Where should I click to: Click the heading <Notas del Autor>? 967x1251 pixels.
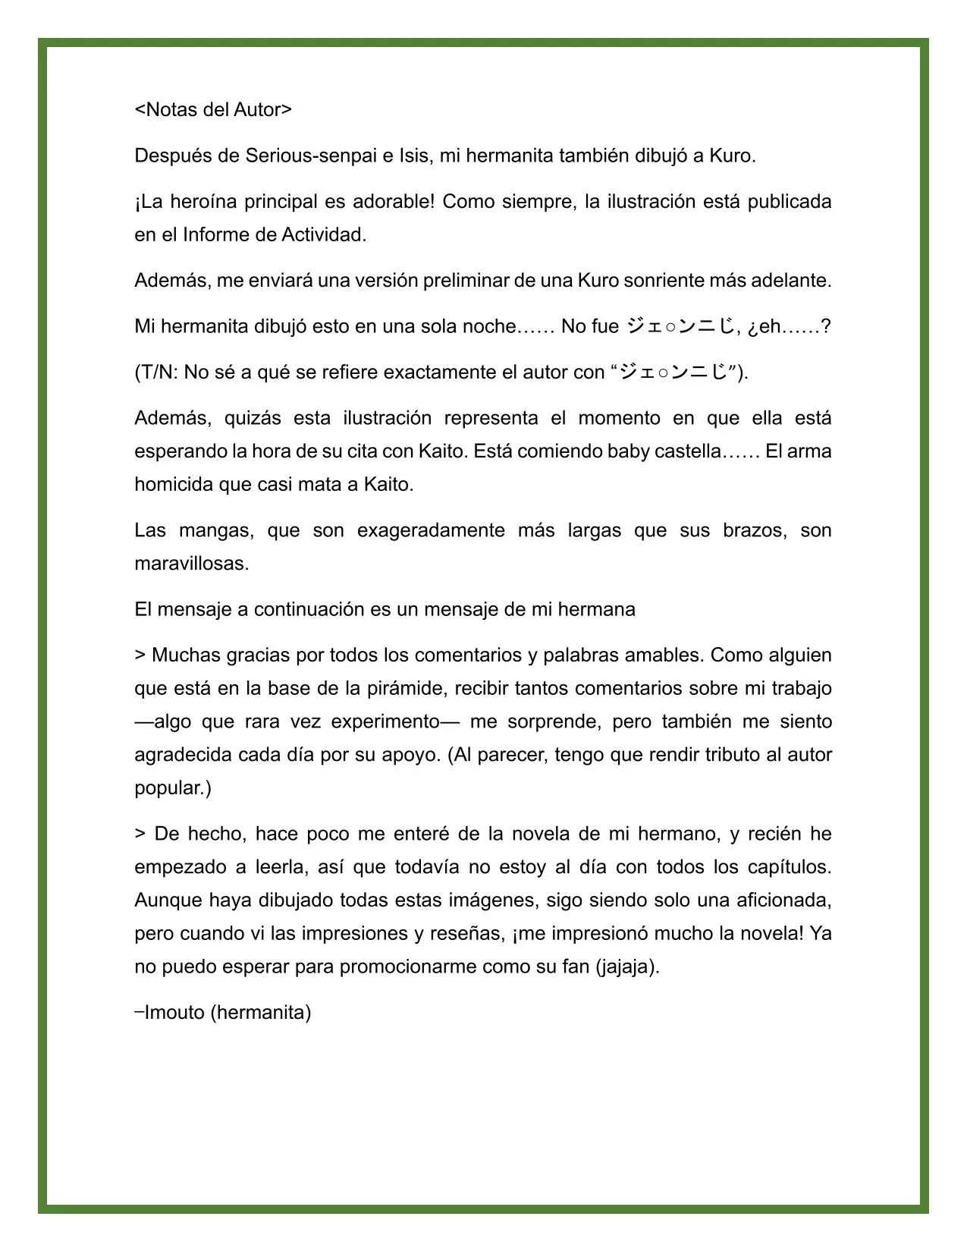[213, 110]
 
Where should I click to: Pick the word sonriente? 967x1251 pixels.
[665, 281]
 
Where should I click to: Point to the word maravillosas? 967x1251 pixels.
[192, 564]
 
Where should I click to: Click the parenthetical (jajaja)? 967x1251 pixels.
[627, 967]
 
